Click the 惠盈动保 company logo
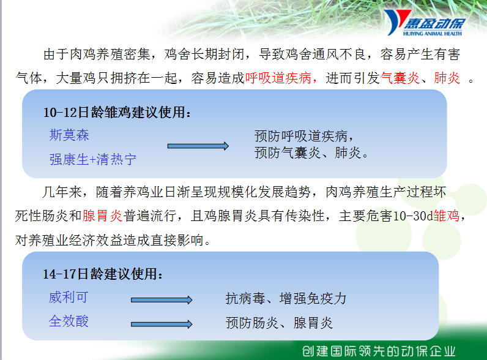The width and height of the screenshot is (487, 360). click(425, 23)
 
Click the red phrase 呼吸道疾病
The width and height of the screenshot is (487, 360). click(278, 78)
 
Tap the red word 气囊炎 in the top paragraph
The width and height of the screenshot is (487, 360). click(400, 78)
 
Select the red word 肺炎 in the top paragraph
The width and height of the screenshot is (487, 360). click(447, 78)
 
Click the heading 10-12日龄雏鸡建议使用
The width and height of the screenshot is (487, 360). click(116, 112)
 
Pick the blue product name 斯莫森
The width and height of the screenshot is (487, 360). click(69, 135)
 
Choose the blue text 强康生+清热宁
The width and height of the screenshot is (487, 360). click(92, 159)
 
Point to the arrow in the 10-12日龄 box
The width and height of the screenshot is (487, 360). click(198, 146)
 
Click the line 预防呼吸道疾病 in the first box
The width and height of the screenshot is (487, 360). click(303, 136)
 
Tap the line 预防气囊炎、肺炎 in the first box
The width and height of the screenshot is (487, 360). click(311, 152)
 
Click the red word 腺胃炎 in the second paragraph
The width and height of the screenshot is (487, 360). click(103, 216)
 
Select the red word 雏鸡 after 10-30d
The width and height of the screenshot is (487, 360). click(447, 216)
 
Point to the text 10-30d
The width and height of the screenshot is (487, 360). click(413, 216)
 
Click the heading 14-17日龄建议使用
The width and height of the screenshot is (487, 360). click(103, 274)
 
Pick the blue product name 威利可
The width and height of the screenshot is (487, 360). click(69, 297)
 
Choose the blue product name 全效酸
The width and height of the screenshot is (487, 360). click(69, 321)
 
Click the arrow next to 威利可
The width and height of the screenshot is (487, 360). click(162, 300)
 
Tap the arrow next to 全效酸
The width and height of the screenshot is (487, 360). click(162, 324)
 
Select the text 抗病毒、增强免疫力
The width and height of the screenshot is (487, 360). click(286, 298)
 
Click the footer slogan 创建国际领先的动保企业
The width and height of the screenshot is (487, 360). click(379, 351)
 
